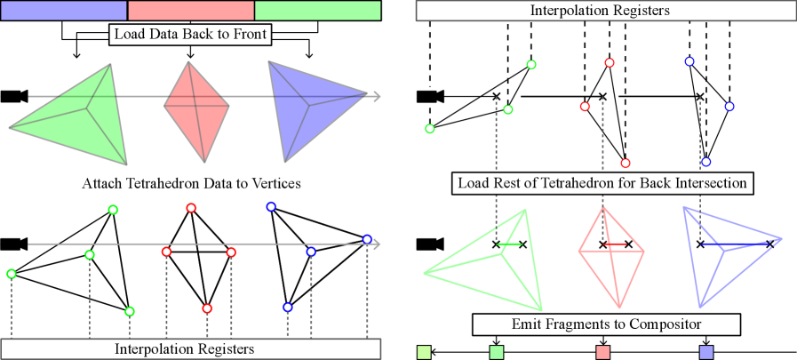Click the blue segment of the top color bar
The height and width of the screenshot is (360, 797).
tap(64, 11)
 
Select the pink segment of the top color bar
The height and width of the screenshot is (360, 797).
tap(191, 11)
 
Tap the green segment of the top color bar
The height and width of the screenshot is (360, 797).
tap(317, 11)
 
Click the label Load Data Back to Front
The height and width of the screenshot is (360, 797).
tap(191, 36)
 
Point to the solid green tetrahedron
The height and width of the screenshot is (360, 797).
tap(80, 116)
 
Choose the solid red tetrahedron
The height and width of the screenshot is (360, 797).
tap(196, 110)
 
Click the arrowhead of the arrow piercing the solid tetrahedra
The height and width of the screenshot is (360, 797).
tap(377, 96)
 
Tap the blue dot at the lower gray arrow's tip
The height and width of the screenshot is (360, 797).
tap(367, 239)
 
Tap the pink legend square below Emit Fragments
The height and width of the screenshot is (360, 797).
tap(603, 352)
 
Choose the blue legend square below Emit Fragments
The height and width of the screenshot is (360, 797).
tap(706, 352)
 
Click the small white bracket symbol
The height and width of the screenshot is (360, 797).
tap(427, 95)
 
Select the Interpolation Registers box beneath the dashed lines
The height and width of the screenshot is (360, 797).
tap(191, 348)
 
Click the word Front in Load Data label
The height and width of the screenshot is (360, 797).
tap(250, 36)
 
